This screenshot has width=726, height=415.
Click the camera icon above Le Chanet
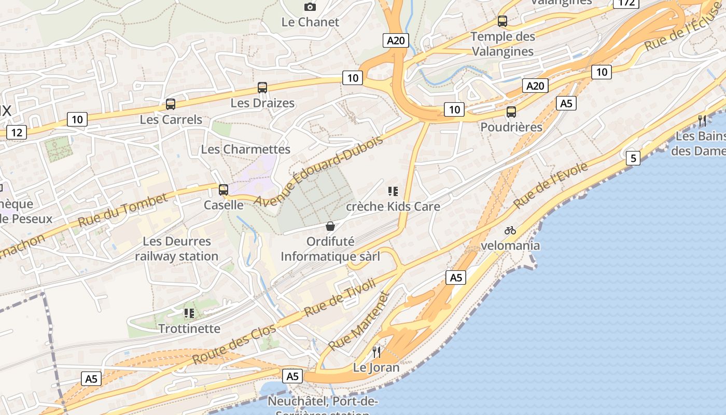click(310, 7)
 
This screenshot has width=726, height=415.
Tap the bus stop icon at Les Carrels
click(171, 104)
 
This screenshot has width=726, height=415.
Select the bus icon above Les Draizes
click(262, 88)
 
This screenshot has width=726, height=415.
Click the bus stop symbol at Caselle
click(224, 190)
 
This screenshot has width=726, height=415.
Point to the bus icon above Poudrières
click(511, 112)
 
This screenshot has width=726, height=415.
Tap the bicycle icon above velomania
click(510, 230)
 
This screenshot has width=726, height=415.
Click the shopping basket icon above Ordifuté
click(330, 226)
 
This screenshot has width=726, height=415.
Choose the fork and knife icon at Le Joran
click(376, 352)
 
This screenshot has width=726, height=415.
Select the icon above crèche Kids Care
click(393, 191)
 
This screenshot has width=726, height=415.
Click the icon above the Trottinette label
click(189, 313)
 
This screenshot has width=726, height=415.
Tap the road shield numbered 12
click(17, 133)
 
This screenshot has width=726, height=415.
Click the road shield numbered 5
click(633, 158)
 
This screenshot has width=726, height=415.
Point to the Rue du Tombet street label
click(123, 210)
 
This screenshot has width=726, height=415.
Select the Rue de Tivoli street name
click(340, 298)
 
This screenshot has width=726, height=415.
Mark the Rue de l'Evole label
click(551, 185)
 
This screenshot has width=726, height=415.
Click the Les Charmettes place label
click(246, 149)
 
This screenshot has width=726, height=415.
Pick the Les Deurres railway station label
click(177, 248)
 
